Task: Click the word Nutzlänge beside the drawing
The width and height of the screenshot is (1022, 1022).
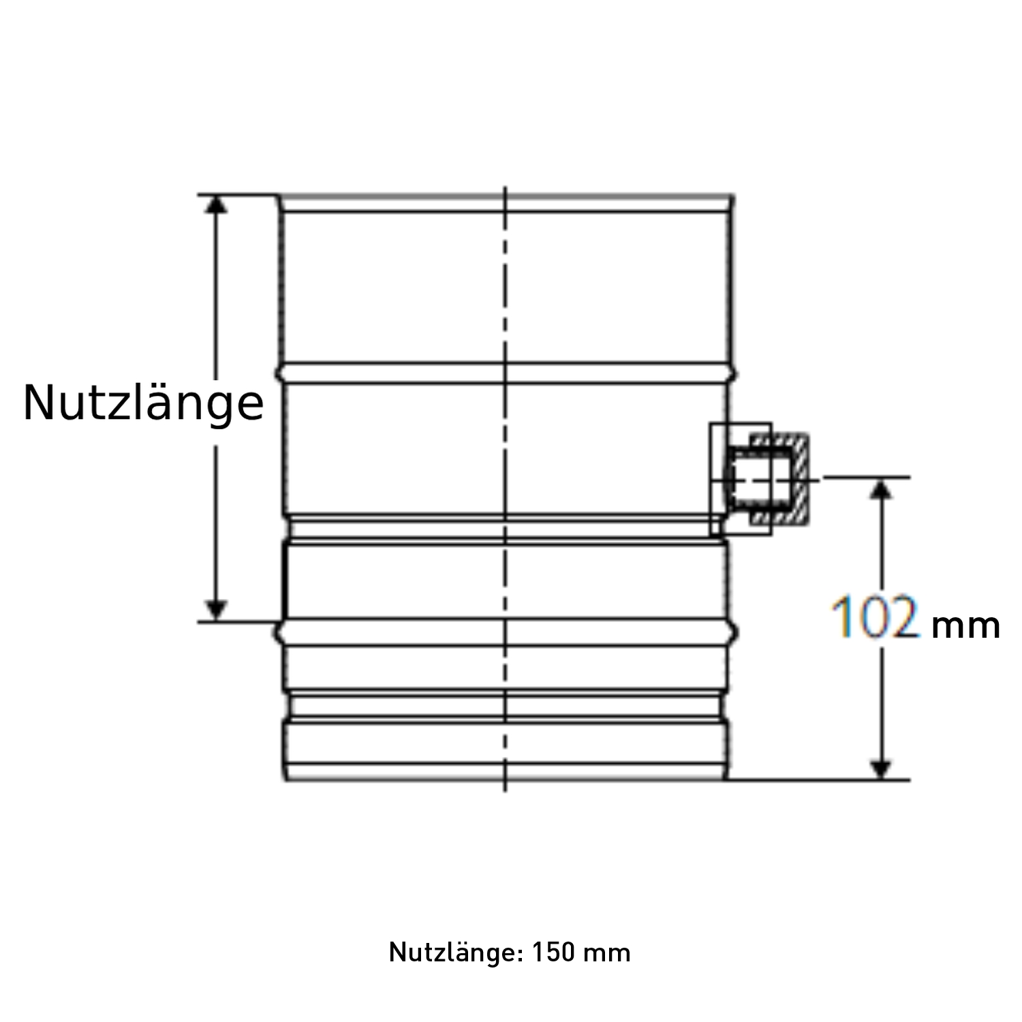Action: (x=143, y=403)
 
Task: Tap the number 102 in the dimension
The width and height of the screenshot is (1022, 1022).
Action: (x=876, y=618)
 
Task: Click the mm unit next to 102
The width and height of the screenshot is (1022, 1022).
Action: (x=965, y=625)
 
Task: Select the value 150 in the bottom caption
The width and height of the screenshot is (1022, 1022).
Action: (x=554, y=952)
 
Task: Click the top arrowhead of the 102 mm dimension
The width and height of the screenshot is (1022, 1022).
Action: (x=882, y=489)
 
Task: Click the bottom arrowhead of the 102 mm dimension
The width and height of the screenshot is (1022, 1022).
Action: (x=882, y=768)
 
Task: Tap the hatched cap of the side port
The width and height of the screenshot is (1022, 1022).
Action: (x=801, y=480)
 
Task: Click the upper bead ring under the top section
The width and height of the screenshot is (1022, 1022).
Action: (x=505, y=373)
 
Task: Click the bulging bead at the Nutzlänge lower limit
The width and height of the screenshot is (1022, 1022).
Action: (x=505, y=632)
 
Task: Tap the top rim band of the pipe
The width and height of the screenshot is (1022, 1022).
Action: (x=505, y=204)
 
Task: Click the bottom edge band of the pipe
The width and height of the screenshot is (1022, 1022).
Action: (x=505, y=773)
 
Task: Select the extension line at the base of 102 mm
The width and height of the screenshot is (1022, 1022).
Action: (x=818, y=779)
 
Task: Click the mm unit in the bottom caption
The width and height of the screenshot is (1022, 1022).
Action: (x=608, y=952)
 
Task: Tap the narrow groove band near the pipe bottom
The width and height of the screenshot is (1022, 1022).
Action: (x=505, y=707)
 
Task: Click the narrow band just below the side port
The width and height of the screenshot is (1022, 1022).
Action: (x=505, y=529)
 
